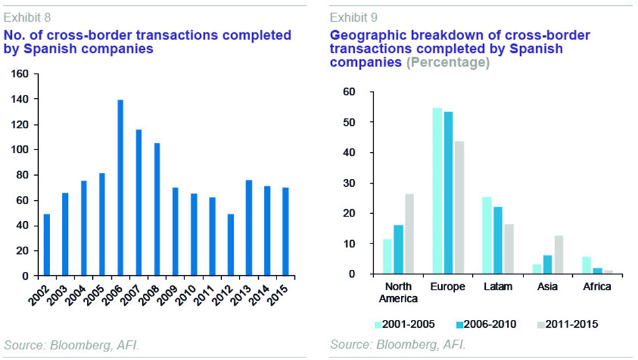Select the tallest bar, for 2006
(x=120, y=188)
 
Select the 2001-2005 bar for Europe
(x=437, y=190)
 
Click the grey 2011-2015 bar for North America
(x=409, y=234)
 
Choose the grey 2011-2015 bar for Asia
(x=559, y=254)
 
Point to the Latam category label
(x=498, y=287)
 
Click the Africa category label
(x=597, y=287)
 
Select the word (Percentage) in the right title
(x=448, y=63)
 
